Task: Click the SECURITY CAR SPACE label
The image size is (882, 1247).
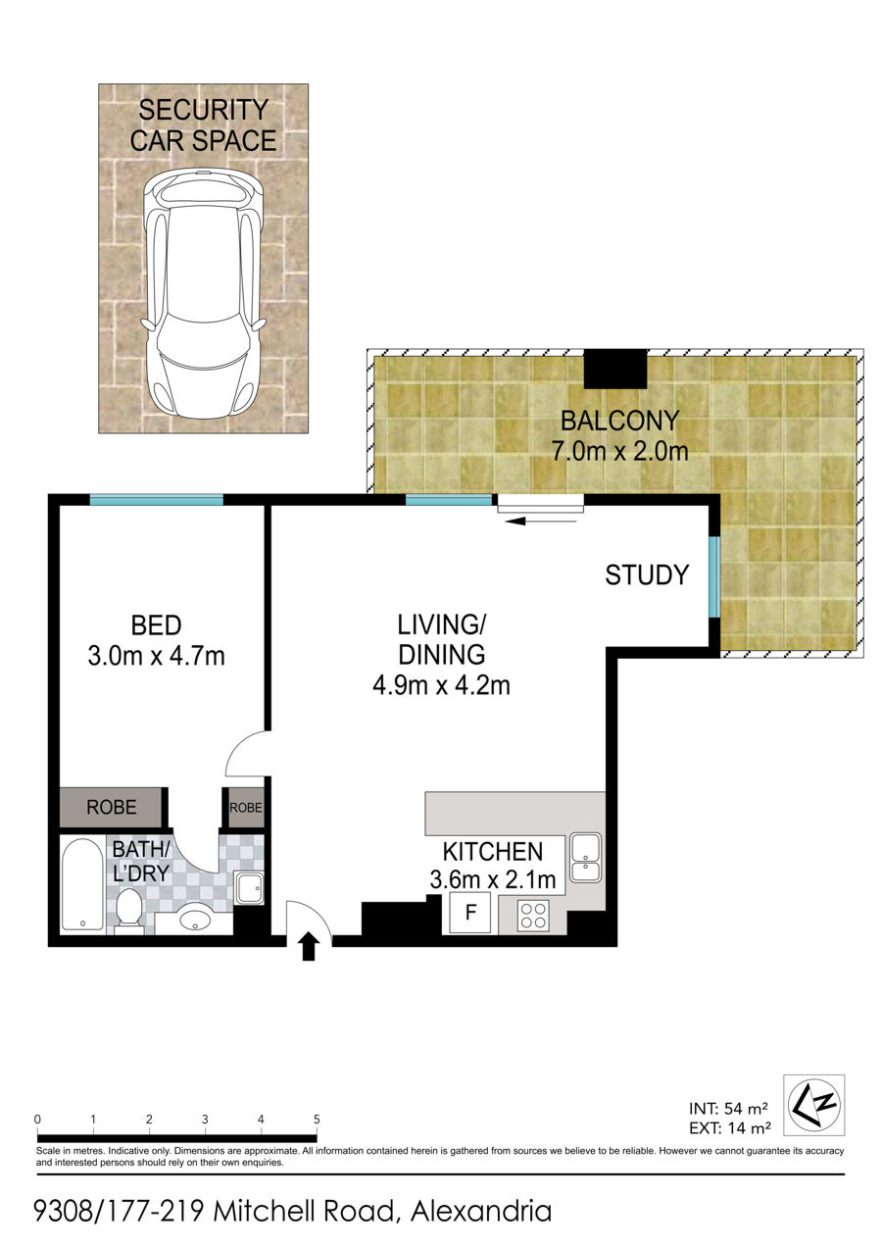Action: tap(203, 125)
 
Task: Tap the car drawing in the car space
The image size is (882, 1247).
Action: tap(203, 294)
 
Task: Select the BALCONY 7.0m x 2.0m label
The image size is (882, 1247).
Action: tap(619, 436)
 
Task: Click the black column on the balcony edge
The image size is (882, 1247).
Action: tap(615, 369)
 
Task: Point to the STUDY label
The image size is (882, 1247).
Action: tap(647, 575)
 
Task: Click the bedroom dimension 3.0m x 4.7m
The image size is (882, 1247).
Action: tap(157, 657)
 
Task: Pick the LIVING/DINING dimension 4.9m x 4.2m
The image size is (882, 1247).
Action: tap(441, 686)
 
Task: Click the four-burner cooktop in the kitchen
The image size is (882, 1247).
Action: tap(533, 916)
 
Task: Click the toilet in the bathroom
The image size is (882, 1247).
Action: tap(129, 909)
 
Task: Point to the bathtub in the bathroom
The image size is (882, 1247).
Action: tap(83, 884)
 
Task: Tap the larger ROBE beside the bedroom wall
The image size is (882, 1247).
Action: tap(111, 807)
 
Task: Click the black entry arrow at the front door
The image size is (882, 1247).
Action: tap(309, 947)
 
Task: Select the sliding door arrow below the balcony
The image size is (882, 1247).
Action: tap(540, 522)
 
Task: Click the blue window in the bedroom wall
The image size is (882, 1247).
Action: tap(157, 499)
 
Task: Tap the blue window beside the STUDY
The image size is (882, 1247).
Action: tap(714, 576)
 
